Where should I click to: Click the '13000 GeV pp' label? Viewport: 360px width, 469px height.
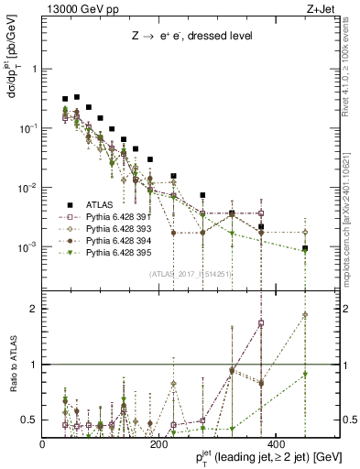tap(75, 9)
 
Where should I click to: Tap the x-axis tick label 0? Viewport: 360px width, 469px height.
tap(43, 446)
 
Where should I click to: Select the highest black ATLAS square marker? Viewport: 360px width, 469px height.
tap(77, 96)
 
